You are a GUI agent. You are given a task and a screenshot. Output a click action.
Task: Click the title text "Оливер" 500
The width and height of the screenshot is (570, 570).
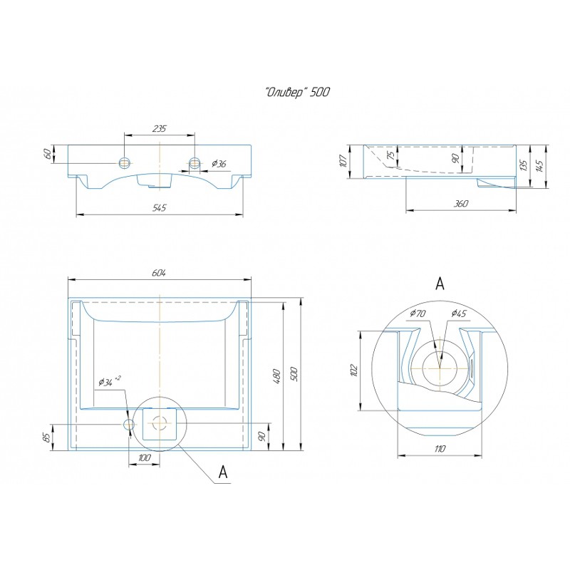[297, 93]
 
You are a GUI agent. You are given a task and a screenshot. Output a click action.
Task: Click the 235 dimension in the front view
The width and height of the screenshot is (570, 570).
[159, 128]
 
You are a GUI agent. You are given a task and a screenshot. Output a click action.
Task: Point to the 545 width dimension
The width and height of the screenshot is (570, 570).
[159, 207]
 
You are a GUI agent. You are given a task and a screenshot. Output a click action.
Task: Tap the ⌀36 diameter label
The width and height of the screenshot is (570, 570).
[219, 164]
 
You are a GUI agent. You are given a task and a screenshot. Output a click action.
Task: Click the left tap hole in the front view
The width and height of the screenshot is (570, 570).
[125, 162]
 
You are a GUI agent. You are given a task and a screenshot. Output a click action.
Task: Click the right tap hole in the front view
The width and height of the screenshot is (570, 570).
[195, 162]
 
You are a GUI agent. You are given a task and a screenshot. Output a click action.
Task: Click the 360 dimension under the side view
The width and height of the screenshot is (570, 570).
[460, 204]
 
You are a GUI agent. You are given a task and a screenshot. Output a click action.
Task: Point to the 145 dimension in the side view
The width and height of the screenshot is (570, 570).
[540, 166]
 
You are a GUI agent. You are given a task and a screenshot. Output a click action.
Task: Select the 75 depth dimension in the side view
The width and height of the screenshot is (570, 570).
[390, 155]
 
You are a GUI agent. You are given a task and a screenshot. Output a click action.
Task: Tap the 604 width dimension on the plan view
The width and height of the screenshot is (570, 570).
[159, 273]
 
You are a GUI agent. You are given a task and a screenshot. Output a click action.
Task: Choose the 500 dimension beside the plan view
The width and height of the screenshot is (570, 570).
[294, 374]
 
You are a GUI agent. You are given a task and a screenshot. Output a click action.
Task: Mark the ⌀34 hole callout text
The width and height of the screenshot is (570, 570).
[109, 381]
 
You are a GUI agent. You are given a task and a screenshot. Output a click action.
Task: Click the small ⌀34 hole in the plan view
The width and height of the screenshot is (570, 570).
[129, 424]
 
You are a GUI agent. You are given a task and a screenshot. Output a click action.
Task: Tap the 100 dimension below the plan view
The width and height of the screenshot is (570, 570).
[145, 457]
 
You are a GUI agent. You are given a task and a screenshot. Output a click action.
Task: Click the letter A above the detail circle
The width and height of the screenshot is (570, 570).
[440, 284]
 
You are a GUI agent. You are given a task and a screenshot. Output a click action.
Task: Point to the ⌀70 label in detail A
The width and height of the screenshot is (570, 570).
[418, 313]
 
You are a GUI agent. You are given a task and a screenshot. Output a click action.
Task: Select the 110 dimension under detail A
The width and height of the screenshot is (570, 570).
[440, 449]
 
